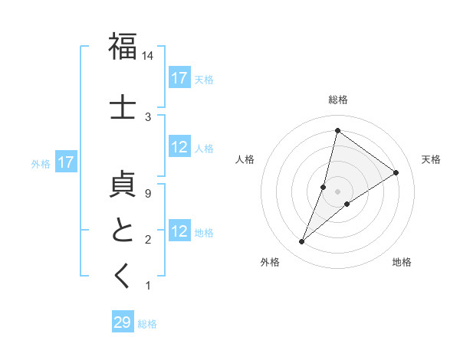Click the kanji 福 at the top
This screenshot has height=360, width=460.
click(x=123, y=47)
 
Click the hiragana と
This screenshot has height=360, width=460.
click(x=123, y=231)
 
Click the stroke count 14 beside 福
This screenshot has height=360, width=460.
click(x=148, y=56)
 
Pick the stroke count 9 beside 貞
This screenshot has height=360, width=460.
click(x=148, y=194)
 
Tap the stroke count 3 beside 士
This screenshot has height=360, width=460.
click(x=148, y=116)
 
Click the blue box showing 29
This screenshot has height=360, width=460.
click(x=123, y=322)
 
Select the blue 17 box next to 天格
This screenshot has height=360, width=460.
click(x=179, y=78)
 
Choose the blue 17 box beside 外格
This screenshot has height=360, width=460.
click(x=65, y=162)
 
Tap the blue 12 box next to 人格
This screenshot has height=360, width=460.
click(x=179, y=148)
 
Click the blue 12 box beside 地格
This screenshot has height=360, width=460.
click(x=179, y=232)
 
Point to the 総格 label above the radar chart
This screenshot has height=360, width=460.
click(x=337, y=100)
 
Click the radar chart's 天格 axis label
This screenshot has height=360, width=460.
click(x=431, y=159)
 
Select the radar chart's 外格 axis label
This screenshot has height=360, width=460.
click(x=270, y=262)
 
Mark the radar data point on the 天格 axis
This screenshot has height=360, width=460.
click(x=396, y=172)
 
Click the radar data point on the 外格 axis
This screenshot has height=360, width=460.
click(x=302, y=242)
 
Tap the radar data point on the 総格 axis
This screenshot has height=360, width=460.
click(x=337, y=130)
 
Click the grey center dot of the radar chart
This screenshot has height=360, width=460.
click(x=337, y=191)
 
